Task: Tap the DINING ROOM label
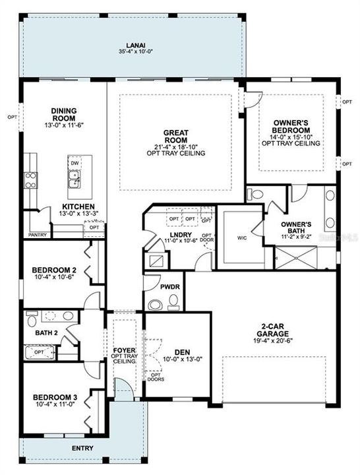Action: (64, 115)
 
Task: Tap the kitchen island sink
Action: (75, 177)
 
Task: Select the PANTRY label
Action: (37, 234)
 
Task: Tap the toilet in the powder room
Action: (156, 305)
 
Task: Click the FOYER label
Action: (124, 350)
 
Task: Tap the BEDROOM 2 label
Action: (55, 270)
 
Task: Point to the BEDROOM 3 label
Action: (55, 397)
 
